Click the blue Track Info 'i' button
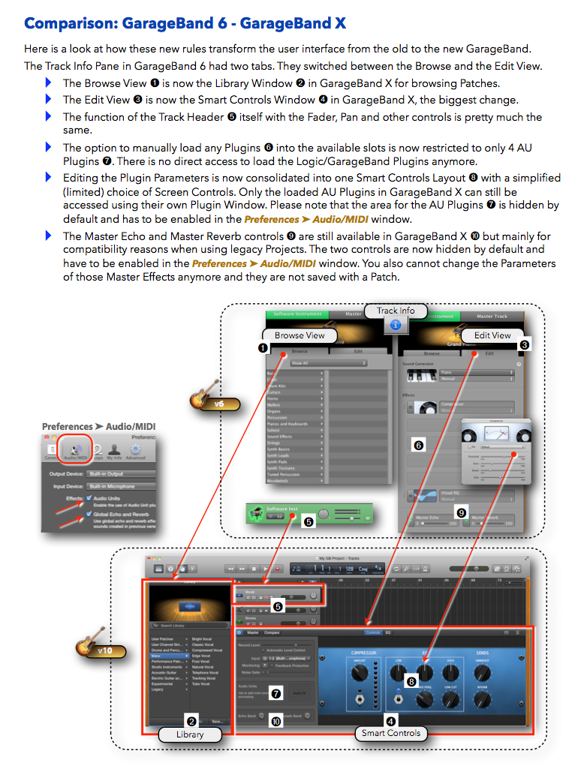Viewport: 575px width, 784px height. pyautogui.click(x=396, y=325)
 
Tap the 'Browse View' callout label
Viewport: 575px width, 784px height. pyautogui.click(x=300, y=335)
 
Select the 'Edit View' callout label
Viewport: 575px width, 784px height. pyautogui.click(x=492, y=335)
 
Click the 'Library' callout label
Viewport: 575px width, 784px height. pyautogui.click(x=190, y=734)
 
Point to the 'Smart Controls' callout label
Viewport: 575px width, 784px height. pyautogui.click(x=390, y=733)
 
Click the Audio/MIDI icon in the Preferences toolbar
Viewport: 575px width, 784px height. pyautogui.click(x=74, y=447)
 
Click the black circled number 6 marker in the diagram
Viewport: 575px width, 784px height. pyautogui.click(x=418, y=444)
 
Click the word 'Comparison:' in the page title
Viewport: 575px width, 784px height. pyautogui.click(x=64, y=23)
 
